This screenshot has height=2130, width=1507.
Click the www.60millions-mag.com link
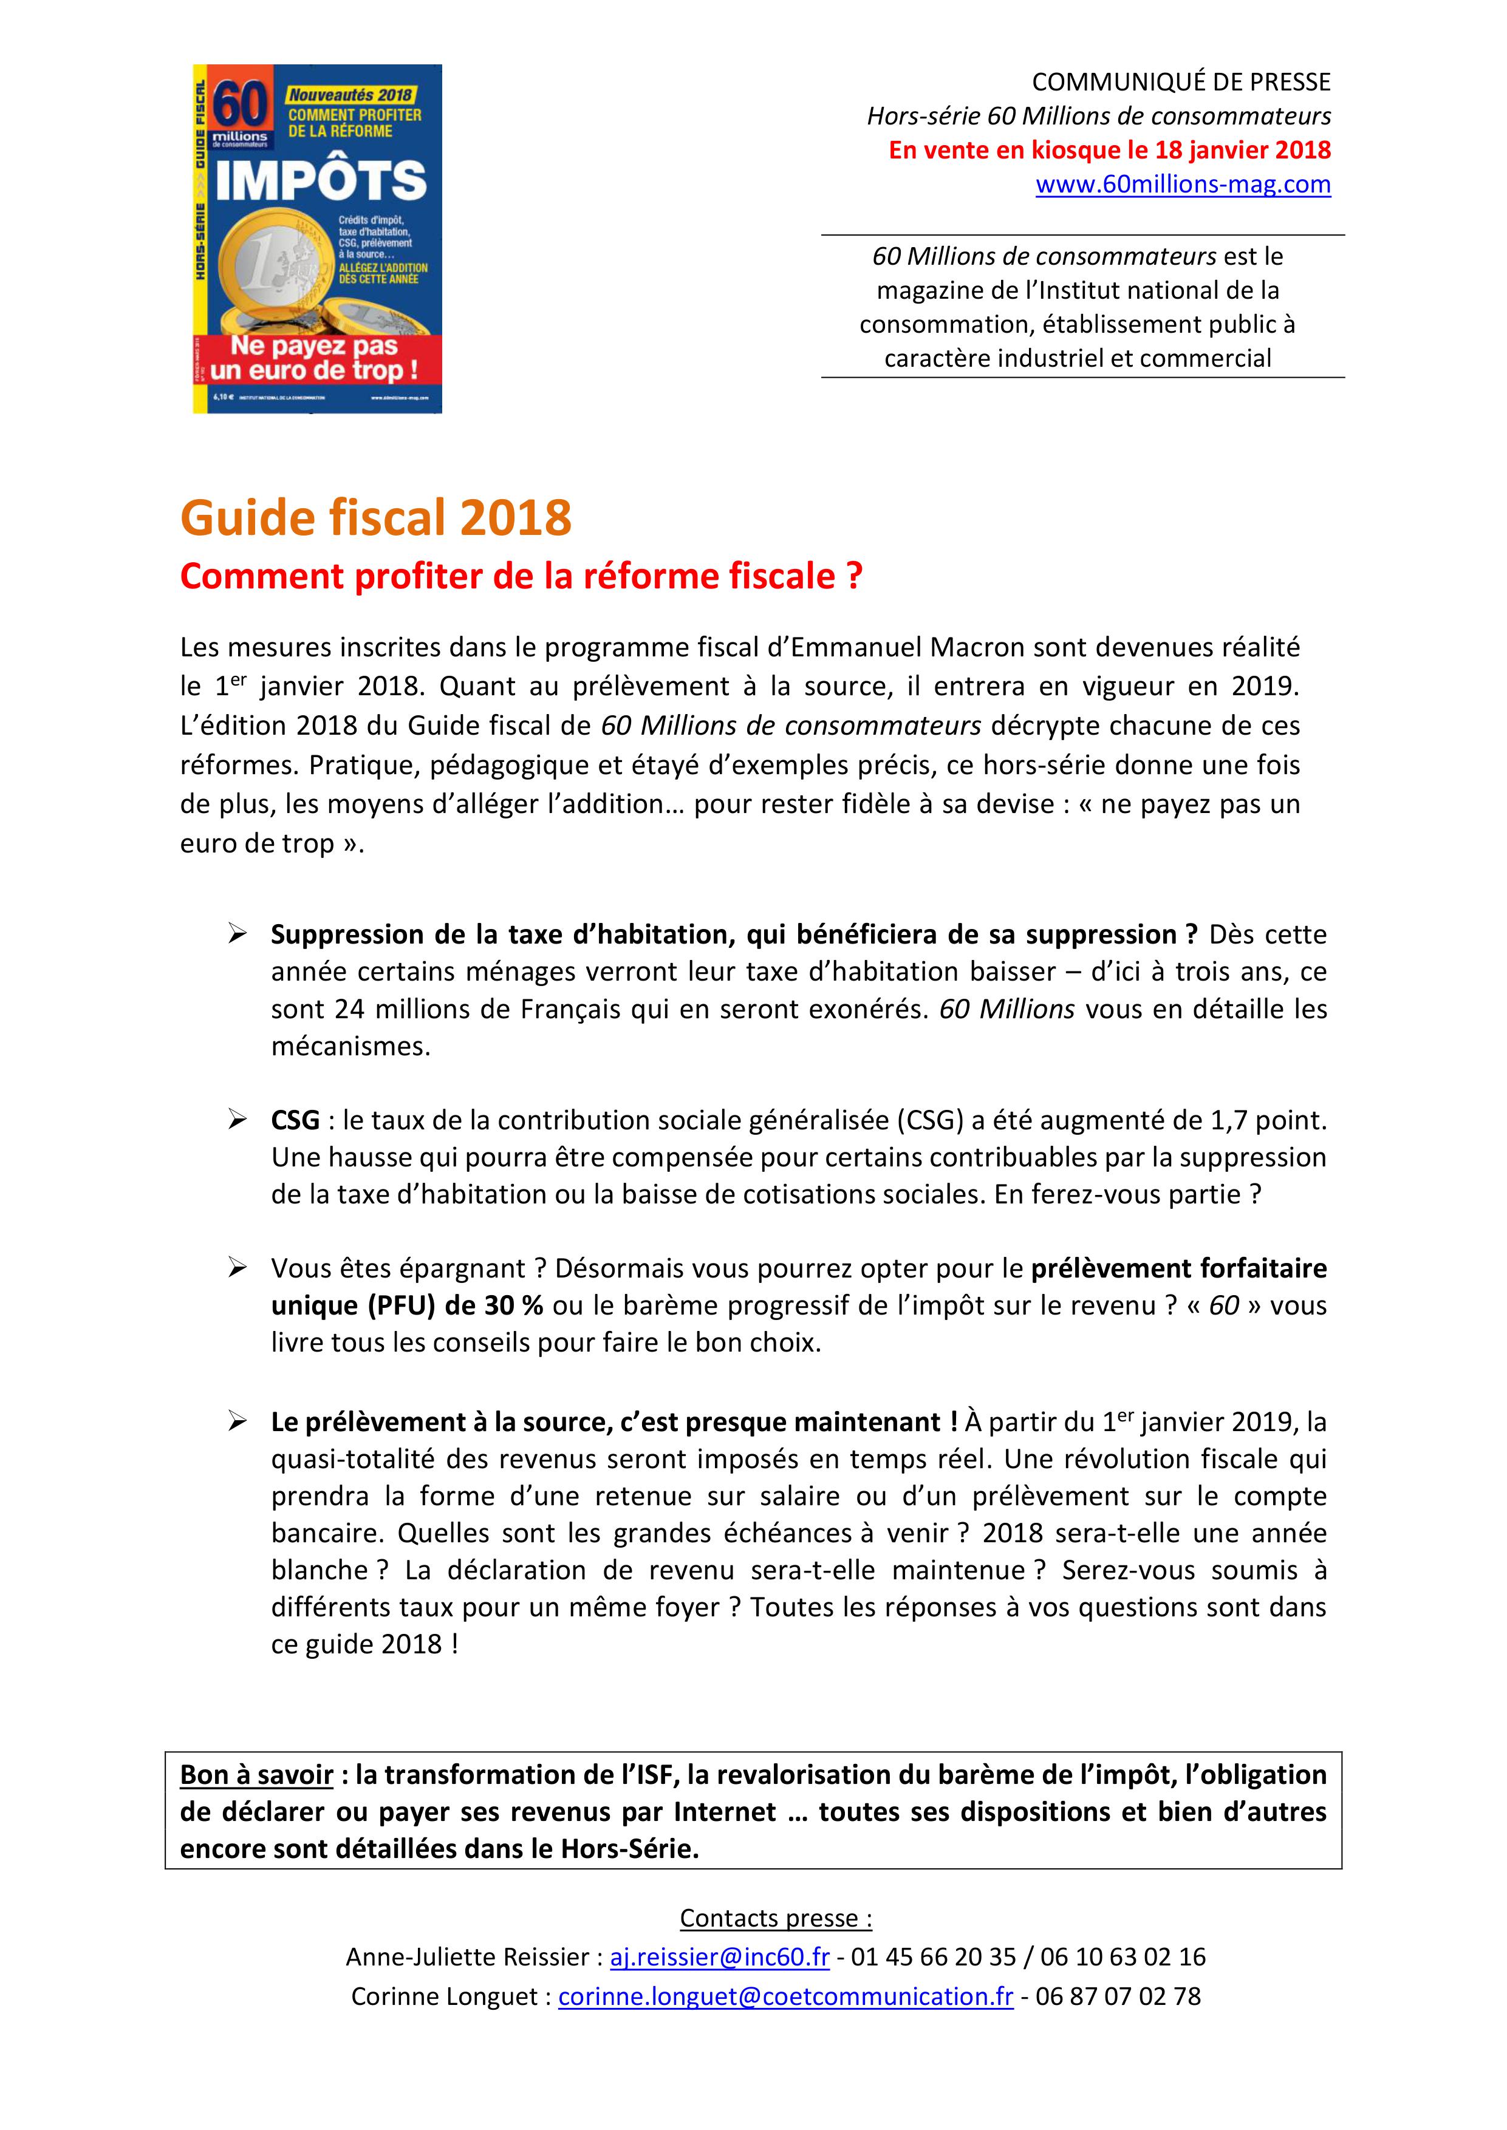[x=1183, y=185]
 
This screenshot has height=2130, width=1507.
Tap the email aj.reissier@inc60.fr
[x=719, y=1956]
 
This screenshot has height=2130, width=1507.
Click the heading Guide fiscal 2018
[x=376, y=518]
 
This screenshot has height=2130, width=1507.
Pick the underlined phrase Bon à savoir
[x=256, y=1775]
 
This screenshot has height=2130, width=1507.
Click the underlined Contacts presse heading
[x=776, y=1917]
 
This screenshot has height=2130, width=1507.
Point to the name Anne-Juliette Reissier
[x=468, y=1956]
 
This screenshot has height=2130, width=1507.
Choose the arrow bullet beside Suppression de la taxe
[x=237, y=934]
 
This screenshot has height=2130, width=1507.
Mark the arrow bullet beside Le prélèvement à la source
[x=237, y=1422]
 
